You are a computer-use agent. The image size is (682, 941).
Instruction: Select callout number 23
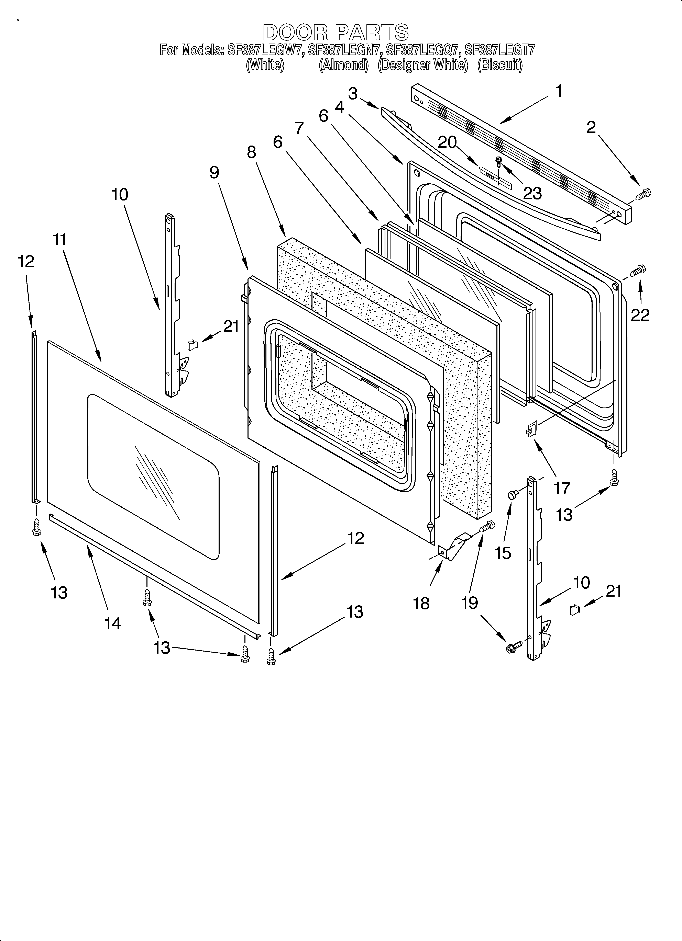[532, 193]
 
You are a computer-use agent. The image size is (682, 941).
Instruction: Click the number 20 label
[447, 142]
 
